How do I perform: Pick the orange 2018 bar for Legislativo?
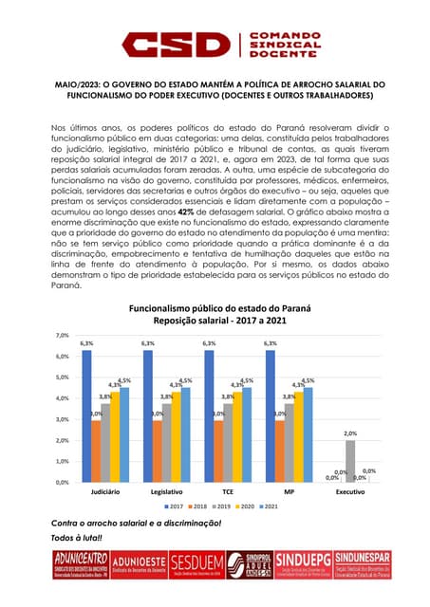point(158,451)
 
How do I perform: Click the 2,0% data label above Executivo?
point(350,432)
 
